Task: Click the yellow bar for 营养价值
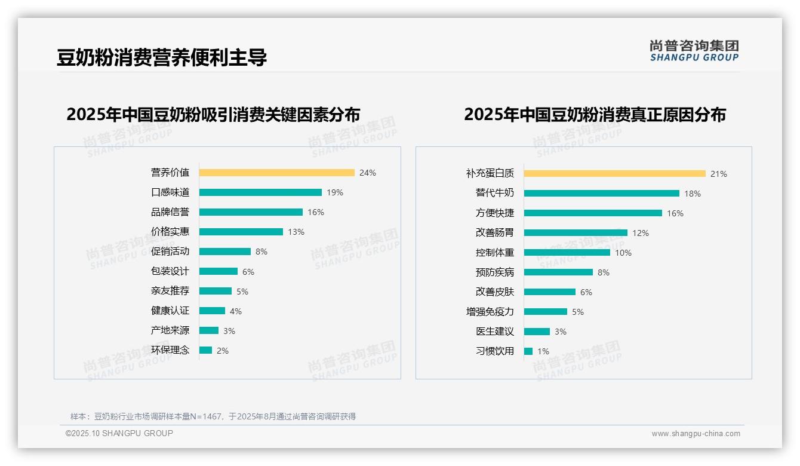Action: tap(276, 173)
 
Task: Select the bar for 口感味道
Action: tap(260, 192)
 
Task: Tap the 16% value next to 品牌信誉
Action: tap(316, 212)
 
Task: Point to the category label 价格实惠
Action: tap(170, 232)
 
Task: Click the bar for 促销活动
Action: tap(225, 252)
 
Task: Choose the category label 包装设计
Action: tap(170, 271)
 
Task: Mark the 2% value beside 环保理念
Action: tap(223, 351)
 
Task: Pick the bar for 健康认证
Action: tap(212, 311)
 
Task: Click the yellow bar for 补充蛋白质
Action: tap(614, 174)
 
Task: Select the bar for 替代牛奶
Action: tap(601, 194)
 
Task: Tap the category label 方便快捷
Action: tap(495, 213)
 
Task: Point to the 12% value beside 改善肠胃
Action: tap(641, 233)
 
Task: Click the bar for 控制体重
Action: tap(567, 253)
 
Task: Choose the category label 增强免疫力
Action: tap(490, 312)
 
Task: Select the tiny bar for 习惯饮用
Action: tap(528, 351)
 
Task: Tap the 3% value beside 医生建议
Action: tap(561, 332)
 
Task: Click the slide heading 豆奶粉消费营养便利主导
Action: tap(162, 57)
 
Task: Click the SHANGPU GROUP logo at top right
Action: tap(694, 51)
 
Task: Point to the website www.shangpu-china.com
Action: tap(696, 434)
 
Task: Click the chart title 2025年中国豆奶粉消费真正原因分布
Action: tap(595, 114)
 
